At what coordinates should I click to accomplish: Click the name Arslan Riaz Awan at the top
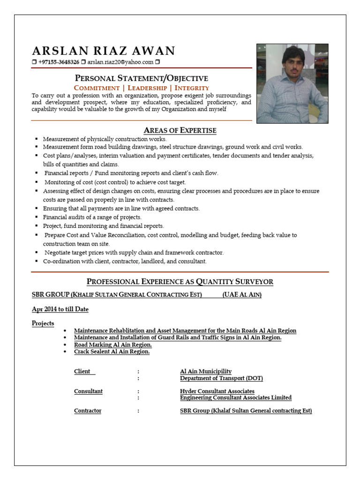point(103,51)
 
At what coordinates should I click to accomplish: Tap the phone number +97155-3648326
point(59,62)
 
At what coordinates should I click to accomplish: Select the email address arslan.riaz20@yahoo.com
point(120,62)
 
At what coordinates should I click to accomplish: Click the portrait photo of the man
point(292,83)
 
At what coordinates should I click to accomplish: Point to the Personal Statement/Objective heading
point(142,78)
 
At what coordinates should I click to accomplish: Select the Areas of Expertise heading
point(180,130)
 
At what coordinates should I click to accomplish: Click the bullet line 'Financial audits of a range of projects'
point(92,217)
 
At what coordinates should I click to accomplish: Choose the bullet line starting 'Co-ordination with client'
point(125,261)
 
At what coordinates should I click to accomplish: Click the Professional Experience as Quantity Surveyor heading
point(180,282)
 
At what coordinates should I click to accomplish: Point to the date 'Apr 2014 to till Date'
point(60,309)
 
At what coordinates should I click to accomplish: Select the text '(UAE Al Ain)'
point(242,295)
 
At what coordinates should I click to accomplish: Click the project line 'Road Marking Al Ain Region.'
point(113,345)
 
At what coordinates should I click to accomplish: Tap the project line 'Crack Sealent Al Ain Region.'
point(112,352)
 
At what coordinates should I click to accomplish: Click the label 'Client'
point(82,371)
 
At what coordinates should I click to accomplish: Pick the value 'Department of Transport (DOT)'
point(221,378)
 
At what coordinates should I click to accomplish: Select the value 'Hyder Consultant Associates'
point(217,391)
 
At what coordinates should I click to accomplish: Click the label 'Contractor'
point(88,411)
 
